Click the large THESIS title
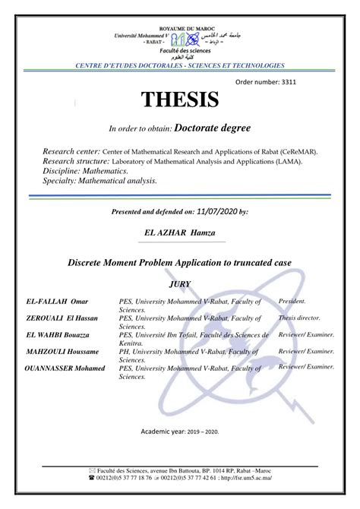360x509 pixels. [x=179, y=100]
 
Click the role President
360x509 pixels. [x=292, y=301]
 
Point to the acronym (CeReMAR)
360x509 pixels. [x=292, y=151]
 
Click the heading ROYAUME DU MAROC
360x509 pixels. [x=180, y=28]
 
